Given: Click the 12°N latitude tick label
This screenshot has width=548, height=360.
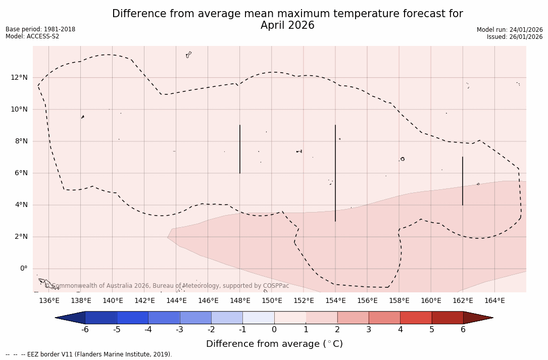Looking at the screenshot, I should tap(18, 77).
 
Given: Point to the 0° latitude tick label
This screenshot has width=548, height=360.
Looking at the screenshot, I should tap(24, 268).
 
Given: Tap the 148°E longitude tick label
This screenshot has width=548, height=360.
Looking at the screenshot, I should tap(240, 301).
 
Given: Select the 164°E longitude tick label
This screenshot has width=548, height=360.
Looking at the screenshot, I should tap(494, 301).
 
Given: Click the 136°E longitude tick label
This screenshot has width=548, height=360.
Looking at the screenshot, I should tap(49, 301).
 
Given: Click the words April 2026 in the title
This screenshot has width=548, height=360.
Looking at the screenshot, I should tap(287, 26).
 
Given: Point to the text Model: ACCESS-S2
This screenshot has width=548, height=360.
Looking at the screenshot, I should tap(32, 36).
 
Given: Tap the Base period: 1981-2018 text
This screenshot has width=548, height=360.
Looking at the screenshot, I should tap(40, 29).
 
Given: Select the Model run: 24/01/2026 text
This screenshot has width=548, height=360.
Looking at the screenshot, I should tap(510, 30).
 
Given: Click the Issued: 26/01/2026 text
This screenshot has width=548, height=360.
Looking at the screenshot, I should tap(515, 37).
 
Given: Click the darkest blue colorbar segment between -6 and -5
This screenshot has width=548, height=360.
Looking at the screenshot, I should tap(101, 318).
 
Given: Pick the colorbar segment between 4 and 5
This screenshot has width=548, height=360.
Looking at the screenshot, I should tap(416, 318).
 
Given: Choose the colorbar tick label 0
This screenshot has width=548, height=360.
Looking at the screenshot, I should tap(274, 330).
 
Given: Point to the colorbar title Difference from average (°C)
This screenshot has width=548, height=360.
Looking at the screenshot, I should tap(274, 344).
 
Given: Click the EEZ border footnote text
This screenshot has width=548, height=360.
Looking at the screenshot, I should tap(88, 354).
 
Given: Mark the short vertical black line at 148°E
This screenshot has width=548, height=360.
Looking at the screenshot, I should tap(240, 149).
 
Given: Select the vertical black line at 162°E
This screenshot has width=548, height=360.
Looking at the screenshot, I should tap(463, 181).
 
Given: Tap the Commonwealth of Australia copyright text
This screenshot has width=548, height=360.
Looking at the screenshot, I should tap(167, 286).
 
